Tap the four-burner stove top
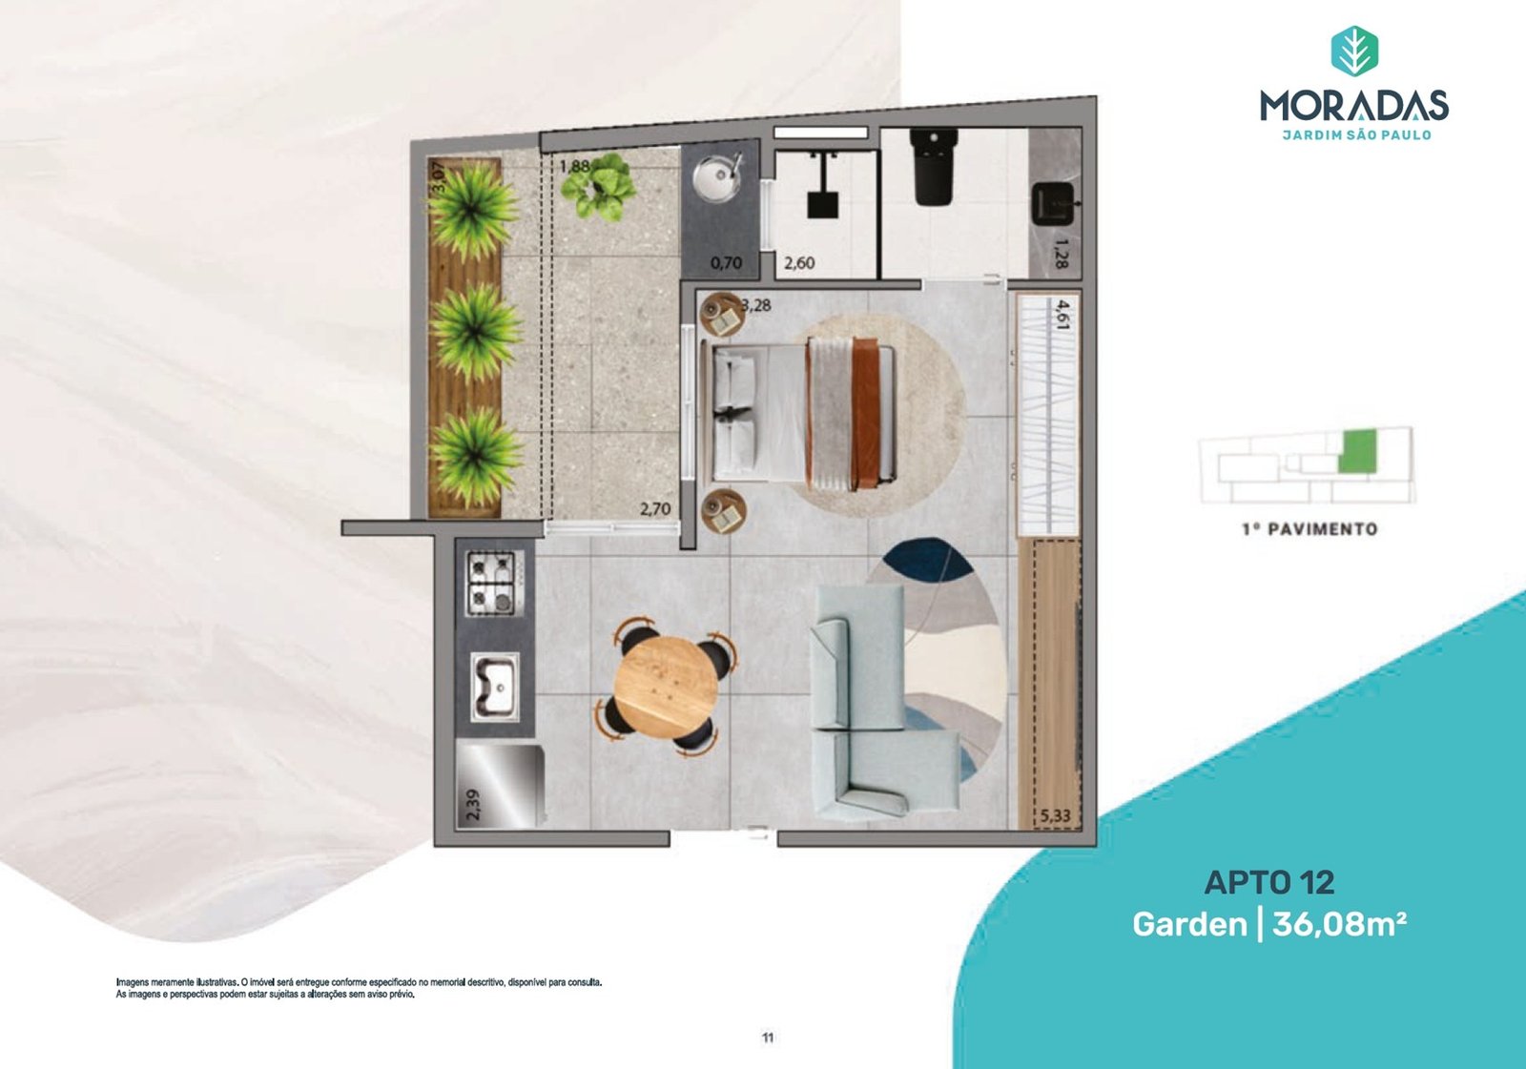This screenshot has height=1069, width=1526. tap(490, 584)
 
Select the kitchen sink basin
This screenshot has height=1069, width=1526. tap(494, 686)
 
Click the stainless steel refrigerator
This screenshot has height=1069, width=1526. tap(500, 786)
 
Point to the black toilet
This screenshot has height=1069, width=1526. tap(936, 167)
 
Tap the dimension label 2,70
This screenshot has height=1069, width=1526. tap(654, 508)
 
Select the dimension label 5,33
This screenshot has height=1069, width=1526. tap(1056, 815)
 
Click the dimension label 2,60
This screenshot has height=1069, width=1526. tap(799, 263)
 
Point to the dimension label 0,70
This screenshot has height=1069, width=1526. tap(726, 263)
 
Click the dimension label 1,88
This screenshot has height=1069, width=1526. tap(574, 166)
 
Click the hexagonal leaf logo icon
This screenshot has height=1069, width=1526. tap(1355, 51)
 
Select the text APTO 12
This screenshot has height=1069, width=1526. tap(1269, 882)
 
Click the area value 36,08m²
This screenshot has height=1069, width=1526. tap(1339, 925)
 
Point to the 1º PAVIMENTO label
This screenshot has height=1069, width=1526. tap(1310, 528)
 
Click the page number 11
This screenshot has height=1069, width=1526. tap(768, 1038)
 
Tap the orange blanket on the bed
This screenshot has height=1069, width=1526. tap(864, 414)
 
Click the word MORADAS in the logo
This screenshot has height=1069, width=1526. tap(1354, 106)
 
